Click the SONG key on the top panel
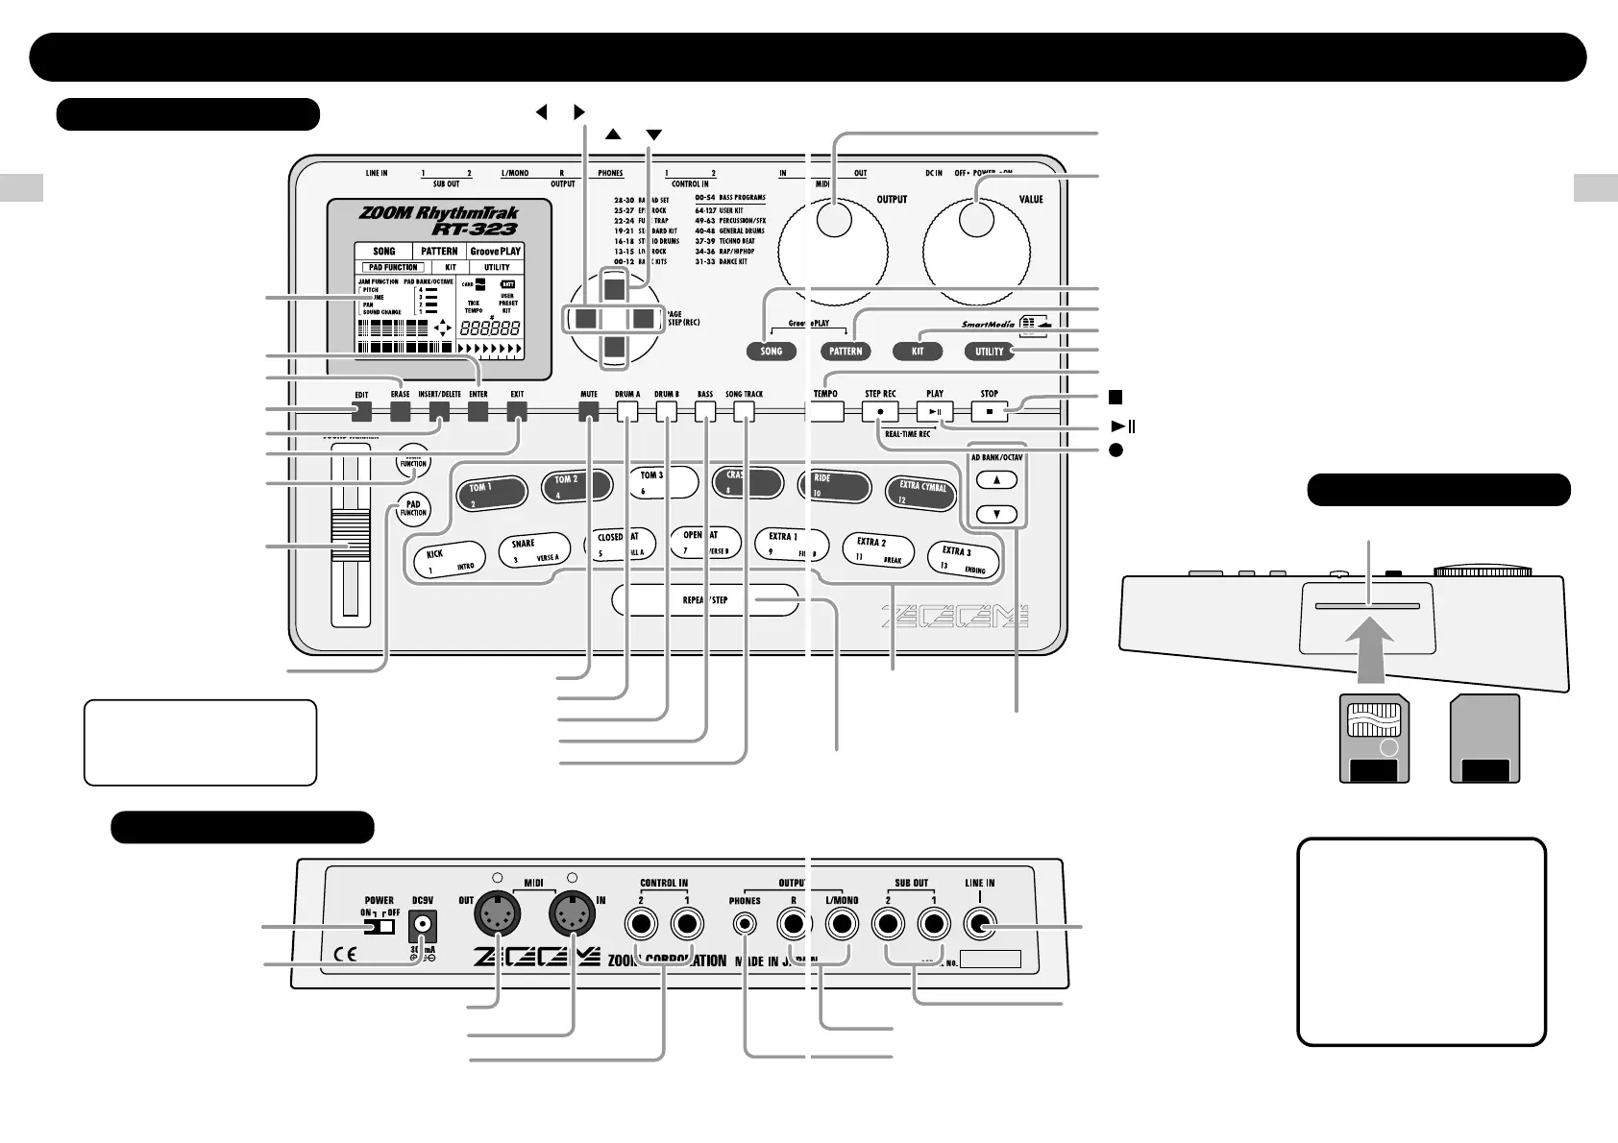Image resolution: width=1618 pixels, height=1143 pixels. pyautogui.click(x=771, y=352)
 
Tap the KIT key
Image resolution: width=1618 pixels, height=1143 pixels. pyautogui.click(x=918, y=352)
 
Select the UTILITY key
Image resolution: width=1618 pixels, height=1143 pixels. pyautogui.click(x=989, y=352)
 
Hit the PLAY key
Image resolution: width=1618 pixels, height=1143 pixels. pyautogui.click(x=935, y=411)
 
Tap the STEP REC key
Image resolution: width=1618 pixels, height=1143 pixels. pyautogui.click(x=880, y=411)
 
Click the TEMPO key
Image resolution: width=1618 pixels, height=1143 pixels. pyautogui.click(x=824, y=411)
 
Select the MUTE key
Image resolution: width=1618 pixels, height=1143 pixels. pyautogui.click(x=589, y=412)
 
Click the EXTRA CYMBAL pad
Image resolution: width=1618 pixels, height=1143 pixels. pyautogui.click(x=922, y=491)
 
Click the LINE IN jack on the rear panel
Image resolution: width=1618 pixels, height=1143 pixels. pyautogui.click(x=980, y=925)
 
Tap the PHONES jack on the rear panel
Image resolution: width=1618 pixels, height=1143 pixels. pyautogui.click(x=745, y=925)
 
